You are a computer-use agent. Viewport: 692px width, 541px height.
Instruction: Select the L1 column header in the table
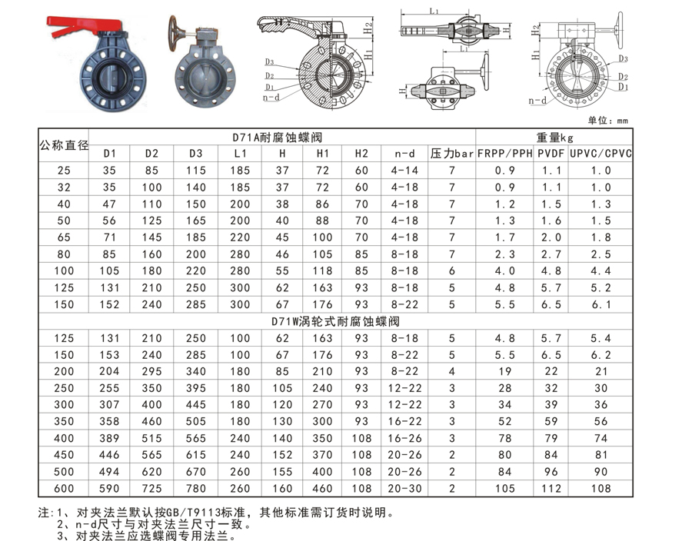(240, 154)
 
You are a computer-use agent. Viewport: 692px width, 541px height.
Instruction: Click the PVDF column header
(551, 154)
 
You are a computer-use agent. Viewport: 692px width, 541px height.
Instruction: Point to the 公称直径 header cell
(64, 145)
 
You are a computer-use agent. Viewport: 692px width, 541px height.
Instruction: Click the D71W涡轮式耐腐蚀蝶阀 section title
(335, 321)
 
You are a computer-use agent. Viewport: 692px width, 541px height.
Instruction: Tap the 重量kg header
(554, 138)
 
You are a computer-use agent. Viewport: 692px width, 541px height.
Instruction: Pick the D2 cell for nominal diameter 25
(151, 170)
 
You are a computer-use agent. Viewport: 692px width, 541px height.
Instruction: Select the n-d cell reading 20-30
(404, 489)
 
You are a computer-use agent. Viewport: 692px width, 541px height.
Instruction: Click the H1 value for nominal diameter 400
(322, 438)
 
